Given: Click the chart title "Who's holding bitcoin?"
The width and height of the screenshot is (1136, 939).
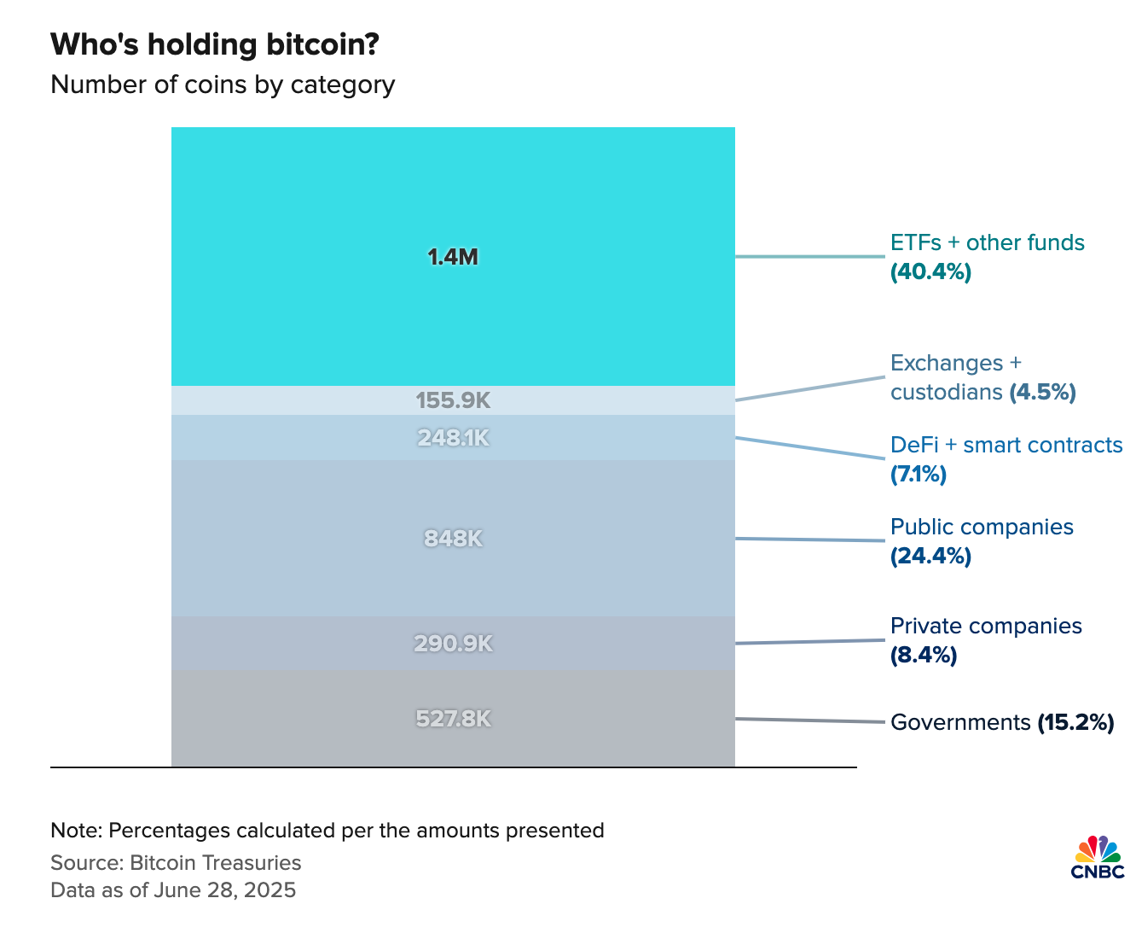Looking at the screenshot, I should pyautogui.click(x=215, y=44).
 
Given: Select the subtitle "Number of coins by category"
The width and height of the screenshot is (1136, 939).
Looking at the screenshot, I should pyautogui.click(x=223, y=85).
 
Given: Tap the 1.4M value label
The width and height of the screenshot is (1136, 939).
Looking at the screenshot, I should pyautogui.click(x=453, y=257).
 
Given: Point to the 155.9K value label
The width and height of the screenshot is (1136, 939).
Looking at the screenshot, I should pyautogui.click(x=453, y=400).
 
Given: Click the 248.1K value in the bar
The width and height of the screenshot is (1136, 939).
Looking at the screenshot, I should pyautogui.click(x=453, y=438).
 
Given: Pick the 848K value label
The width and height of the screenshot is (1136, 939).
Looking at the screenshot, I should pyautogui.click(x=453, y=539).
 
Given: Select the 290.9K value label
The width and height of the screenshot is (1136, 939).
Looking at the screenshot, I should pyautogui.click(x=453, y=644).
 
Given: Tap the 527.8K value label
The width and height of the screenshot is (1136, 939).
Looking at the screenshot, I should pyautogui.click(x=453, y=719).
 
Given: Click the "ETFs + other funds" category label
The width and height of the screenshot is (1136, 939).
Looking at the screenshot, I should pyautogui.click(x=987, y=242).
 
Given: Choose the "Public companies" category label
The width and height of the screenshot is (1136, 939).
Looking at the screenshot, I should pyautogui.click(x=982, y=527).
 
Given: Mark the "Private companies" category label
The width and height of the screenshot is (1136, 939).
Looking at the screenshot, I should pyautogui.click(x=986, y=626).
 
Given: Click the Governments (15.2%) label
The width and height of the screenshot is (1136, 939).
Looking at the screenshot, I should pyautogui.click(x=1002, y=722).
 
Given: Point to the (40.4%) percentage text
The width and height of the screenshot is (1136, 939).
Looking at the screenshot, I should pyautogui.click(x=930, y=272).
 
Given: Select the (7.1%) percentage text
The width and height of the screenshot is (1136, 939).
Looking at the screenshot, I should pyautogui.click(x=919, y=475).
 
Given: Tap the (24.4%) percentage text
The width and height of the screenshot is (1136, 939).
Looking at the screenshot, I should pyautogui.click(x=930, y=557).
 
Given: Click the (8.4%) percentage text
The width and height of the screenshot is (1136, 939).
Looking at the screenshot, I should pyautogui.click(x=924, y=656).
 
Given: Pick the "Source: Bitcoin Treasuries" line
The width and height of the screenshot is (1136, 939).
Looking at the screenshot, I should pyautogui.click(x=176, y=862).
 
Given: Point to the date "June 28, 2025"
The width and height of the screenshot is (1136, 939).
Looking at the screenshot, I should pyautogui.click(x=224, y=890).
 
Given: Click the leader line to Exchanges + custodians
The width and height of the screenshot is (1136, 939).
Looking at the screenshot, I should pyautogui.click(x=810, y=388).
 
